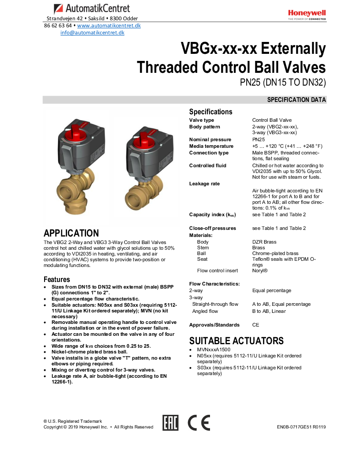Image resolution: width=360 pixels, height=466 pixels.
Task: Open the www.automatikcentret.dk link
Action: [x=109, y=26]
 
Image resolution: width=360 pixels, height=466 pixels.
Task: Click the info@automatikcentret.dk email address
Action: [x=92, y=33]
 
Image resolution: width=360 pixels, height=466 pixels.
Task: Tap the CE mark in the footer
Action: [x=199, y=423]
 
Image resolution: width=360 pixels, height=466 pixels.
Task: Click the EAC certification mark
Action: [x=170, y=423]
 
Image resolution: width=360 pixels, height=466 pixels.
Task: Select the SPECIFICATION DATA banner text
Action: [x=296, y=100]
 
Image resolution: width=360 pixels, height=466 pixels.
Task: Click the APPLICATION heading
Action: [x=71, y=233]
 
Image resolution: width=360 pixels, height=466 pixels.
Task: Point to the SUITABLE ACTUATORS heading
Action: [x=236, y=341]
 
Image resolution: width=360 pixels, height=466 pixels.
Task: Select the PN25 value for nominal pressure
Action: [x=259, y=139]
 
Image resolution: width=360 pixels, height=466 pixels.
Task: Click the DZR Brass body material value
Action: [x=265, y=242]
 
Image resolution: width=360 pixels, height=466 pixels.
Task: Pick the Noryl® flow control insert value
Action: [x=260, y=271]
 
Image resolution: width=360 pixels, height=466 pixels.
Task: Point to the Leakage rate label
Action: [x=204, y=184]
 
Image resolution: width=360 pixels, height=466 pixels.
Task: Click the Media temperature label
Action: [x=211, y=146]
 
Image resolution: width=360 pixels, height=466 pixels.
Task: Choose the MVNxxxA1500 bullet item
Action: [x=214, y=349]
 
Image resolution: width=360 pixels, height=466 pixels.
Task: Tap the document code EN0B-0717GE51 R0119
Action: [x=301, y=427]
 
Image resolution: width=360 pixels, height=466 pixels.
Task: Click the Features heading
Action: [x=57, y=279]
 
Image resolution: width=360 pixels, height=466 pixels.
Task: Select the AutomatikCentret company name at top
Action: [x=97, y=8]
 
